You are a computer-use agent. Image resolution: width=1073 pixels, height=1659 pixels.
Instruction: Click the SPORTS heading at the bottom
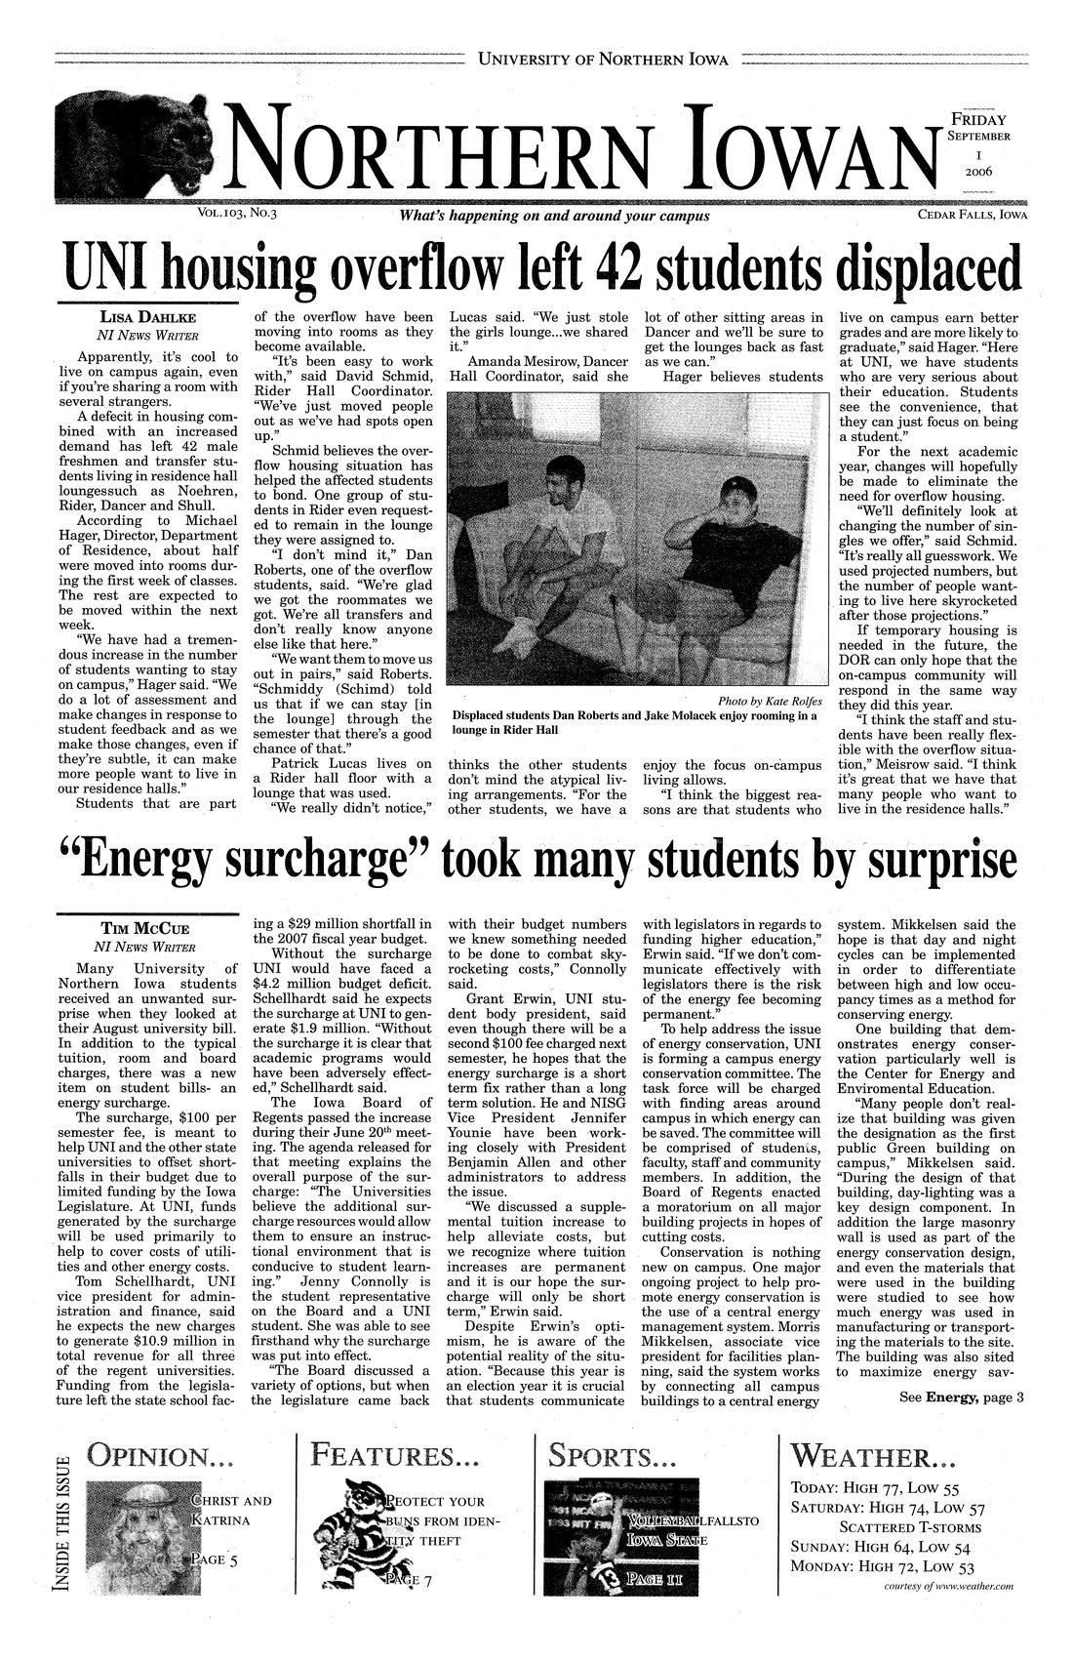coord(612,1459)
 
